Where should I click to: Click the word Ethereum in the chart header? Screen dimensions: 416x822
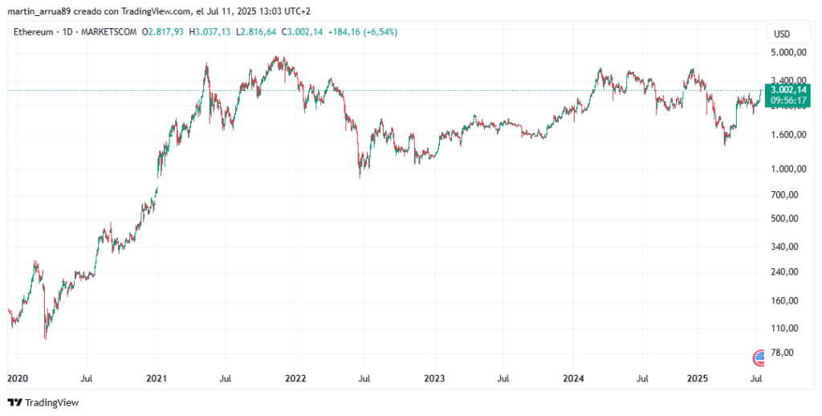pyautogui.click(x=33, y=32)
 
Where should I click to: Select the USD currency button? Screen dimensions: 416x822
pyautogui.click(x=780, y=34)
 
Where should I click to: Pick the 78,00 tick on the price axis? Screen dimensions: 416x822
pyautogui.click(x=783, y=353)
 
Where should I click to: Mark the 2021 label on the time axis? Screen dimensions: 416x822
pyautogui.click(x=157, y=377)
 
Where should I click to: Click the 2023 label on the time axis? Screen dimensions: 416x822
pyautogui.click(x=434, y=377)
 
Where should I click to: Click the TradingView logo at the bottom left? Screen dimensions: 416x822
pyautogui.click(x=43, y=402)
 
